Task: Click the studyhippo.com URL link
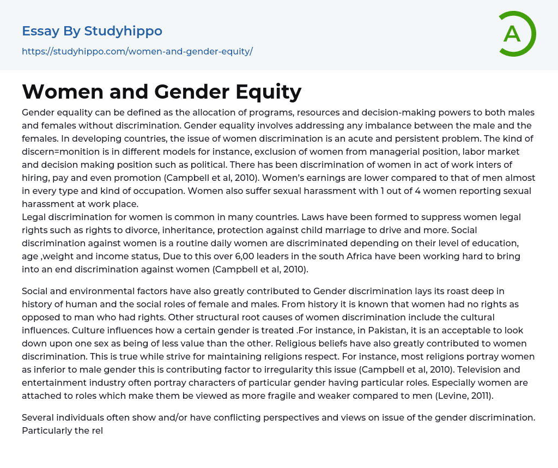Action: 137,51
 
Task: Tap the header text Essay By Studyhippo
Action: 92,31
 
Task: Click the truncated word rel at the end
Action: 96,430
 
